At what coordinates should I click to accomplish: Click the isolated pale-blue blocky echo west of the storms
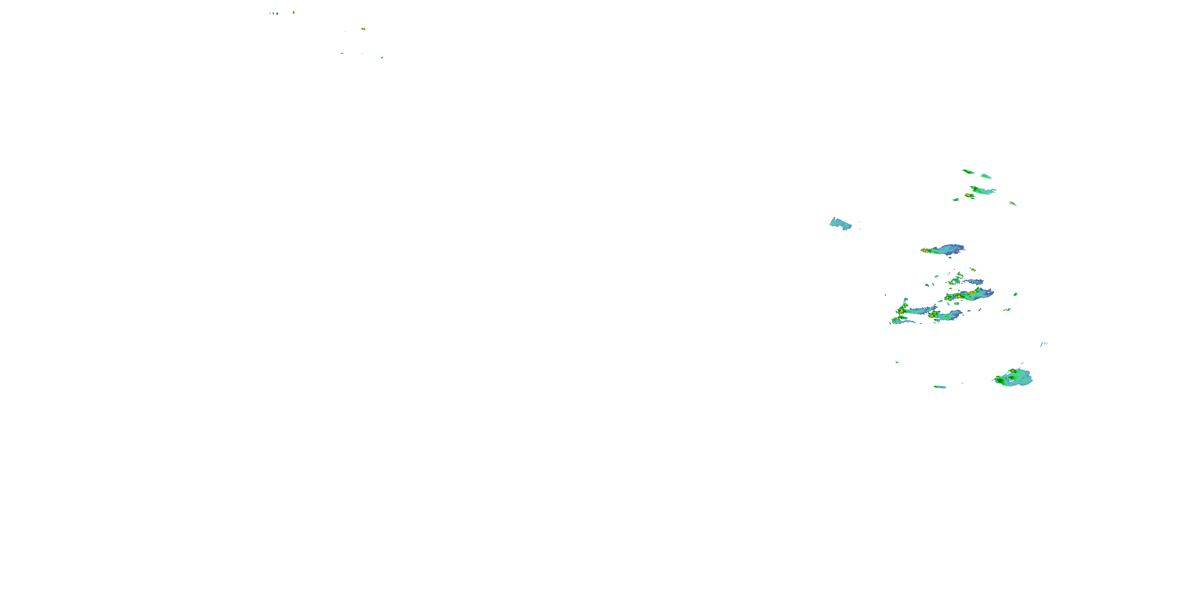click(840, 224)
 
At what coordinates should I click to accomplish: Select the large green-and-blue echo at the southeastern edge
click(1013, 377)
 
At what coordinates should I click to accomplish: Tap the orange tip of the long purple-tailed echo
click(925, 251)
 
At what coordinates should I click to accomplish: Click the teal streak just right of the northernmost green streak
click(986, 176)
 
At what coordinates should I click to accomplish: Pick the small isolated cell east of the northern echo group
click(1013, 203)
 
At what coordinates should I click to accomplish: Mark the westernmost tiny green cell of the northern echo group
click(956, 199)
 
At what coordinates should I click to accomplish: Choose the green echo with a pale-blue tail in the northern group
click(982, 190)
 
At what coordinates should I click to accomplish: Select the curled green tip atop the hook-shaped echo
click(906, 300)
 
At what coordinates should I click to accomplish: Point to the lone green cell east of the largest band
click(1016, 294)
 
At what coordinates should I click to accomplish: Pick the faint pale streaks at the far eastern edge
click(1043, 344)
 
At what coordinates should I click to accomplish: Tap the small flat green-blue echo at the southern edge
click(940, 387)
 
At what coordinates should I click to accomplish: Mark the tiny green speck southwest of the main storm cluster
click(897, 362)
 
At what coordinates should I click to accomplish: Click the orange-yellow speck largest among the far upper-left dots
click(363, 29)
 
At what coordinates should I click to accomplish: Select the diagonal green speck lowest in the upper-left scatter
click(382, 57)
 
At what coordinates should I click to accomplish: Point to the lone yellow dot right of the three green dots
click(293, 12)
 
